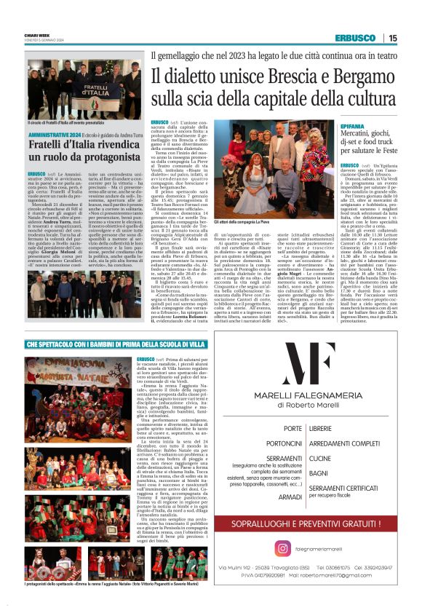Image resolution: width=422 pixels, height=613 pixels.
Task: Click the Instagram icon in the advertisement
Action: point(283,548)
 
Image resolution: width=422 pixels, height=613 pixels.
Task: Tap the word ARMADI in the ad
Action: point(290,496)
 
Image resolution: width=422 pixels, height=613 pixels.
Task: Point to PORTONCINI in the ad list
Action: point(283,443)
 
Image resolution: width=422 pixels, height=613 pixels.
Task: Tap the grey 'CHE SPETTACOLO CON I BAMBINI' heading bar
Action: point(110,343)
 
